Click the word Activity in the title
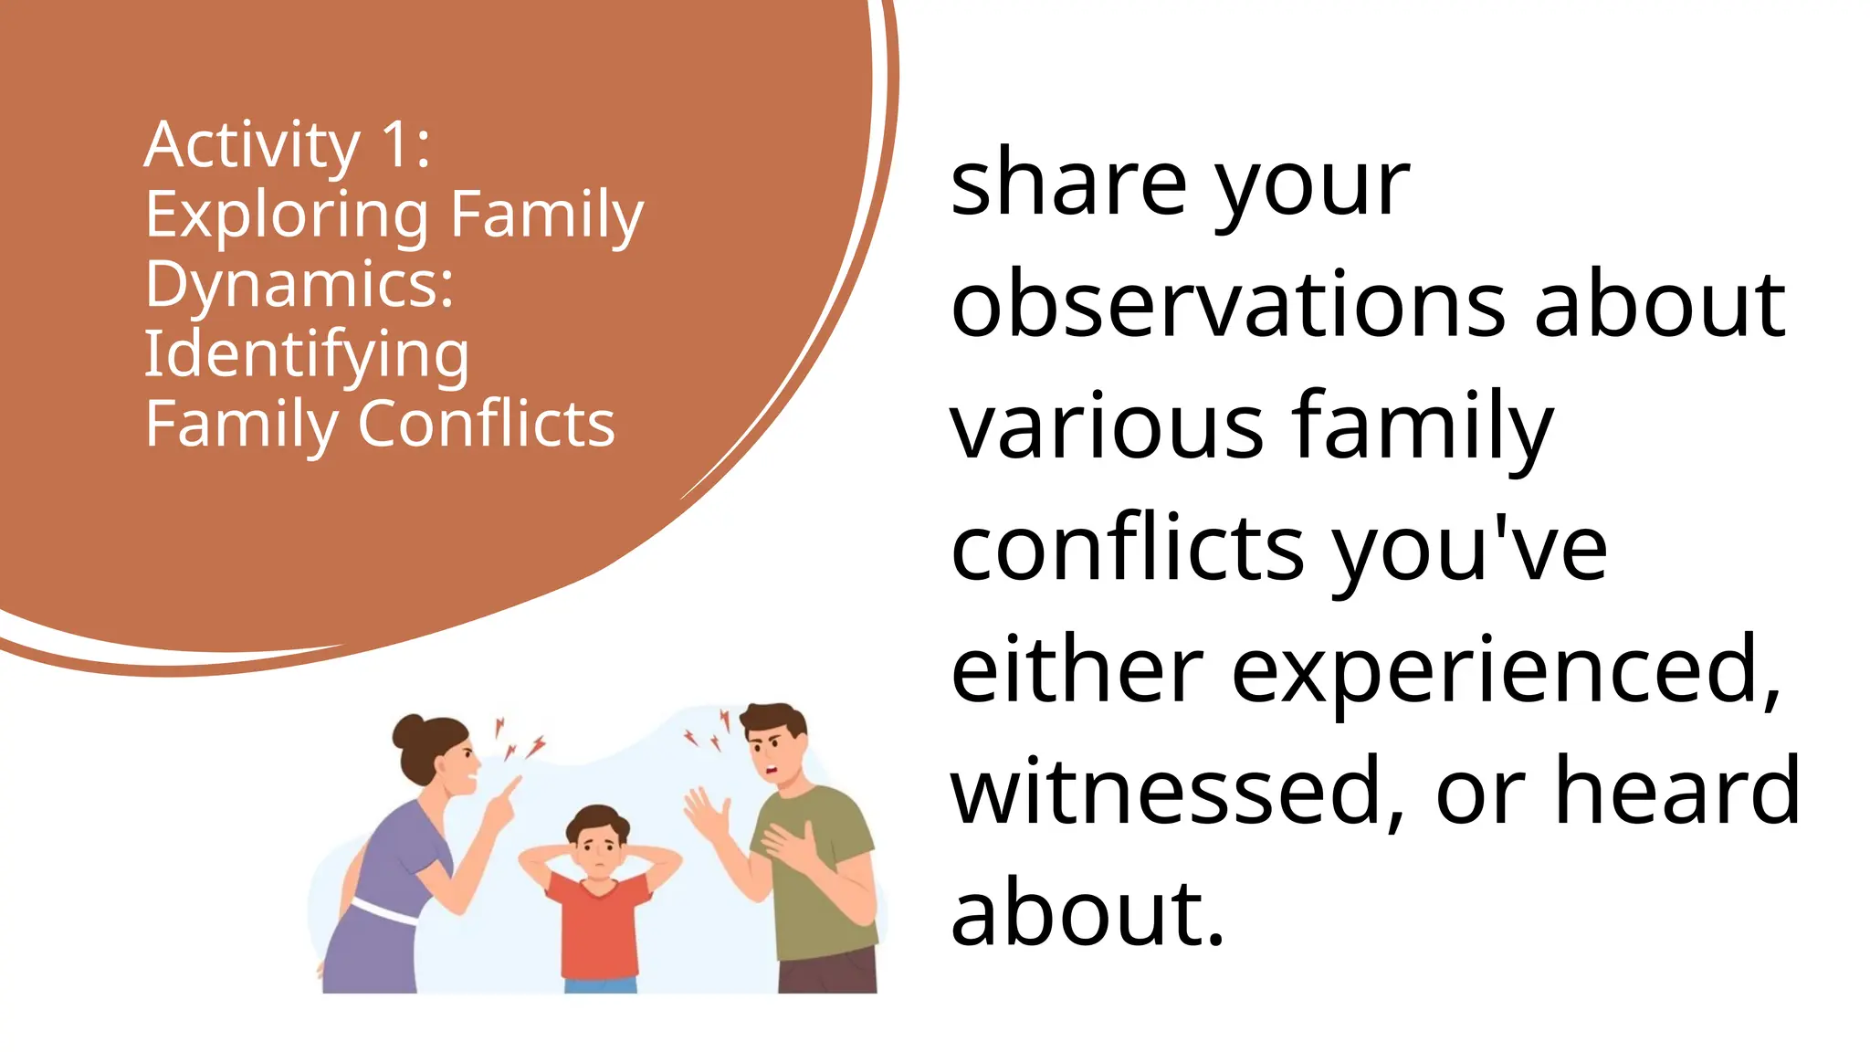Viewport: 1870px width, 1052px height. pos(252,146)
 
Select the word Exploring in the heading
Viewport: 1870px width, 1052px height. pos(286,216)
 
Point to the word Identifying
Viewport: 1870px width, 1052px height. pos(307,355)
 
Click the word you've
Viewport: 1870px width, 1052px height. pos(1469,550)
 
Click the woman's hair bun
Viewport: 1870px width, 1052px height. pos(408,731)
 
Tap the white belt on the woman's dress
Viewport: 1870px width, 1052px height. pos(383,910)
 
